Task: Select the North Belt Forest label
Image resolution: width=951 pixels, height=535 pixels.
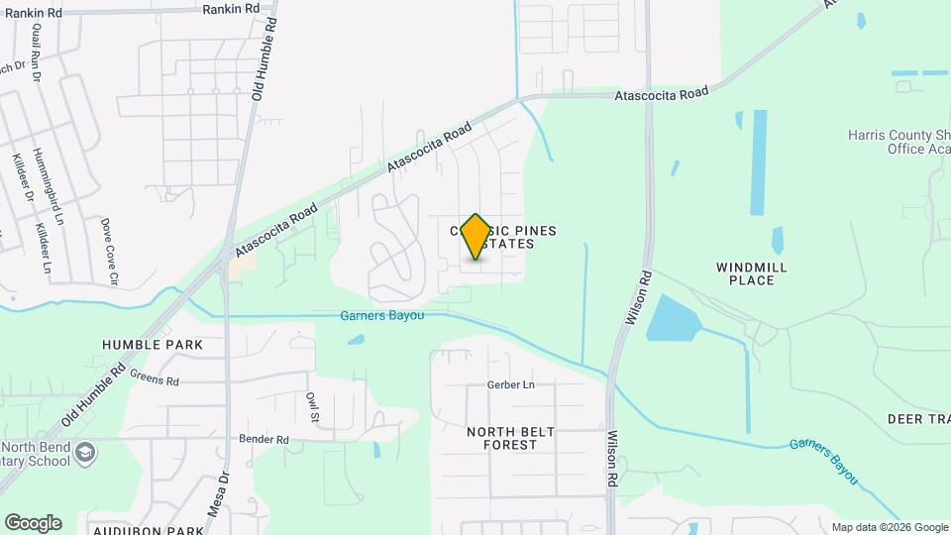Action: (503, 438)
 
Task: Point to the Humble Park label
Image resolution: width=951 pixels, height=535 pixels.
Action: (153, 345)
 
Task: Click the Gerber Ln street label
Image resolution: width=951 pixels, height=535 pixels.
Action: (510, 384)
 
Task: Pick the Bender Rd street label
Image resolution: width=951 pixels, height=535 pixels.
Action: (264, 439)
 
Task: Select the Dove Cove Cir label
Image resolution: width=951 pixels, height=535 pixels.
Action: (109, 253)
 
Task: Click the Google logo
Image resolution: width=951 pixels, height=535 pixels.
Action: (33, 523)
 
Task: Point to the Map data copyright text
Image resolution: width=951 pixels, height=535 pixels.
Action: (889, 527)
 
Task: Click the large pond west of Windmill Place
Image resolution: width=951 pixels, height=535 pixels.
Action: (672, 317)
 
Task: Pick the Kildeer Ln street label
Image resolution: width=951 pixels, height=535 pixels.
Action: (44, 248)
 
